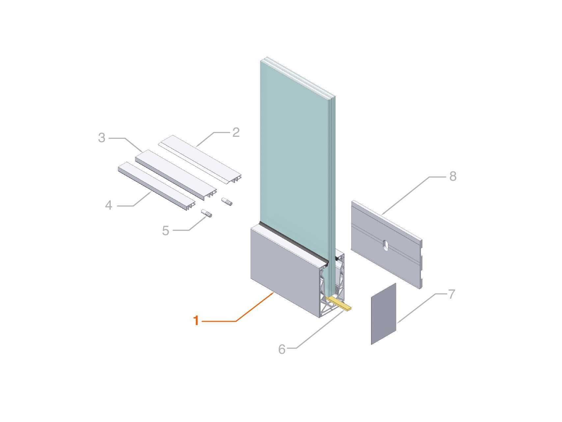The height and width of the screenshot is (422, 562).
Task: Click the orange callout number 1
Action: click(x=196, y=320)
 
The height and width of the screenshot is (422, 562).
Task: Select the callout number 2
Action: click(x=236, y=133)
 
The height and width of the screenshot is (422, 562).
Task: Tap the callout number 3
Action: click(x=101, y=138)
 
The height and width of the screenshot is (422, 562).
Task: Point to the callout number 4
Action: click(x=109, y=205)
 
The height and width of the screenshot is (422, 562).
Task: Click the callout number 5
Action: click(x=166, y=231)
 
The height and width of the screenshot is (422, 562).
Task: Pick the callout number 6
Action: click(x=281, y=349)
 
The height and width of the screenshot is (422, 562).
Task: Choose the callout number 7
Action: click(x=451, y=294)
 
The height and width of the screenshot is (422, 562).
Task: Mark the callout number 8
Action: click(x=453, y=176)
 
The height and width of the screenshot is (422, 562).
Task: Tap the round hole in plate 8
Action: click(x=385, y=245)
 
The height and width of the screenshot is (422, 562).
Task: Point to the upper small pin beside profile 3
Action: click(x=227, y=201)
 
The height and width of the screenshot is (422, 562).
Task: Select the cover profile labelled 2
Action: click(x=201, y=158)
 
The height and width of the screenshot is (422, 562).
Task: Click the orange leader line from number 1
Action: click(x=237, y=320)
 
